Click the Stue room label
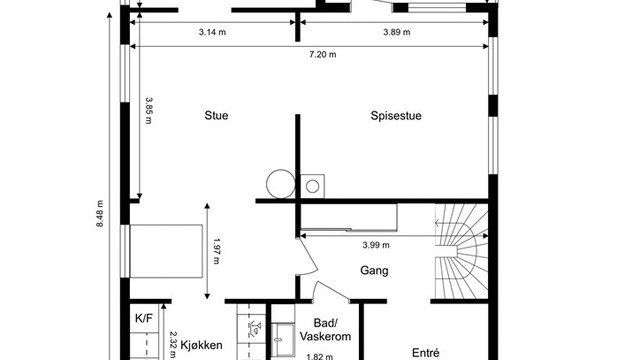click(216, 116)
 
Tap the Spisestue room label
click(396, 116)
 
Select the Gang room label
click(374, 271)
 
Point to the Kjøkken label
click(202, 345)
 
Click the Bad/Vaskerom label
click(326, 330)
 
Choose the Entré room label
click(426, 353)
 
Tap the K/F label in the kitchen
click(144, 318)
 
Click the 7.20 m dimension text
click(323, 55)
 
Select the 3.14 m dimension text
click(212, 32)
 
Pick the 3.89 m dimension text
click(397, 32)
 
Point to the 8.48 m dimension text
click(100, 213)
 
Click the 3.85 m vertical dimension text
click(148, 110)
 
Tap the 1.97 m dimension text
click(216, 251)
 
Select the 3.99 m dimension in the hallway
click(376, 245)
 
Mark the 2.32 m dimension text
click(172, 344)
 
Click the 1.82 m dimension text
click(320, 357)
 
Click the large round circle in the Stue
click(281, 184)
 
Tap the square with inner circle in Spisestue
click(313, 187)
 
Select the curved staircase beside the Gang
click(462, 251)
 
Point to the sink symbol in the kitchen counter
click(255, 329)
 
